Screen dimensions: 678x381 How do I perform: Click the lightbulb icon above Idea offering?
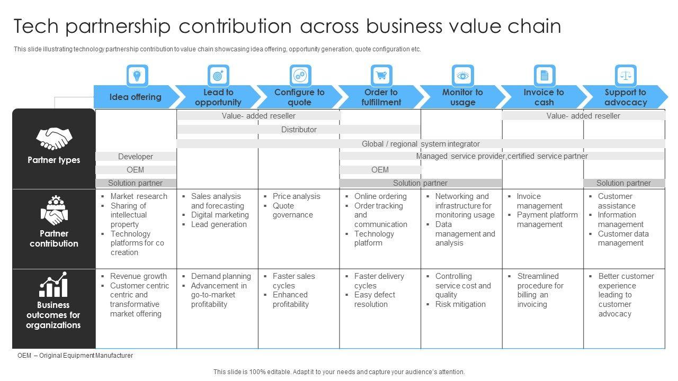click(x=137, y=76)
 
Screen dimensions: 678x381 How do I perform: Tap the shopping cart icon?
click(x=381, y=76)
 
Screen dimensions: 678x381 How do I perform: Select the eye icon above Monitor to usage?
click(x=462, y=76)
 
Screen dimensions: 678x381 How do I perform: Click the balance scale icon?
click(x=626, y=76)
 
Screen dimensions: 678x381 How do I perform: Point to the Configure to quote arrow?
click(x=299, y=97)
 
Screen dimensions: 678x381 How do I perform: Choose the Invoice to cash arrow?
click(x=544, y=97)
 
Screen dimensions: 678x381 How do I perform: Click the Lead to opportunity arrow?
click(x=218, y=97)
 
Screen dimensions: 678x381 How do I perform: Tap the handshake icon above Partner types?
click(x=53, y=139)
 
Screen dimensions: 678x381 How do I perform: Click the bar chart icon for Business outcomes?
click(x=53, y=285)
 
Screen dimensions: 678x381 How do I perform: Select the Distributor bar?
click(x=299, y=130)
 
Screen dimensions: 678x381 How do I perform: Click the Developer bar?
click(x=136, y=157)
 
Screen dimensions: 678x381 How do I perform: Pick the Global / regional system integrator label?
click(x=421, y=144)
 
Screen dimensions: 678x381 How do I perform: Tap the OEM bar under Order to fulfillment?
click(x=380, y=170)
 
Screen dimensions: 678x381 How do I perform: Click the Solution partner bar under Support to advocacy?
click(x=623, y=183)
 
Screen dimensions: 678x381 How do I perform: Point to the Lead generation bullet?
click(x=219, y=224)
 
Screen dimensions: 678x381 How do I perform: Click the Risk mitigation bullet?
click(x=460, y=304)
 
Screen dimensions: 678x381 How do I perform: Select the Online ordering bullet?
click(x=380, y=196)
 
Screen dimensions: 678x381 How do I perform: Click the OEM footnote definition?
click(x=75, y=356)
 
